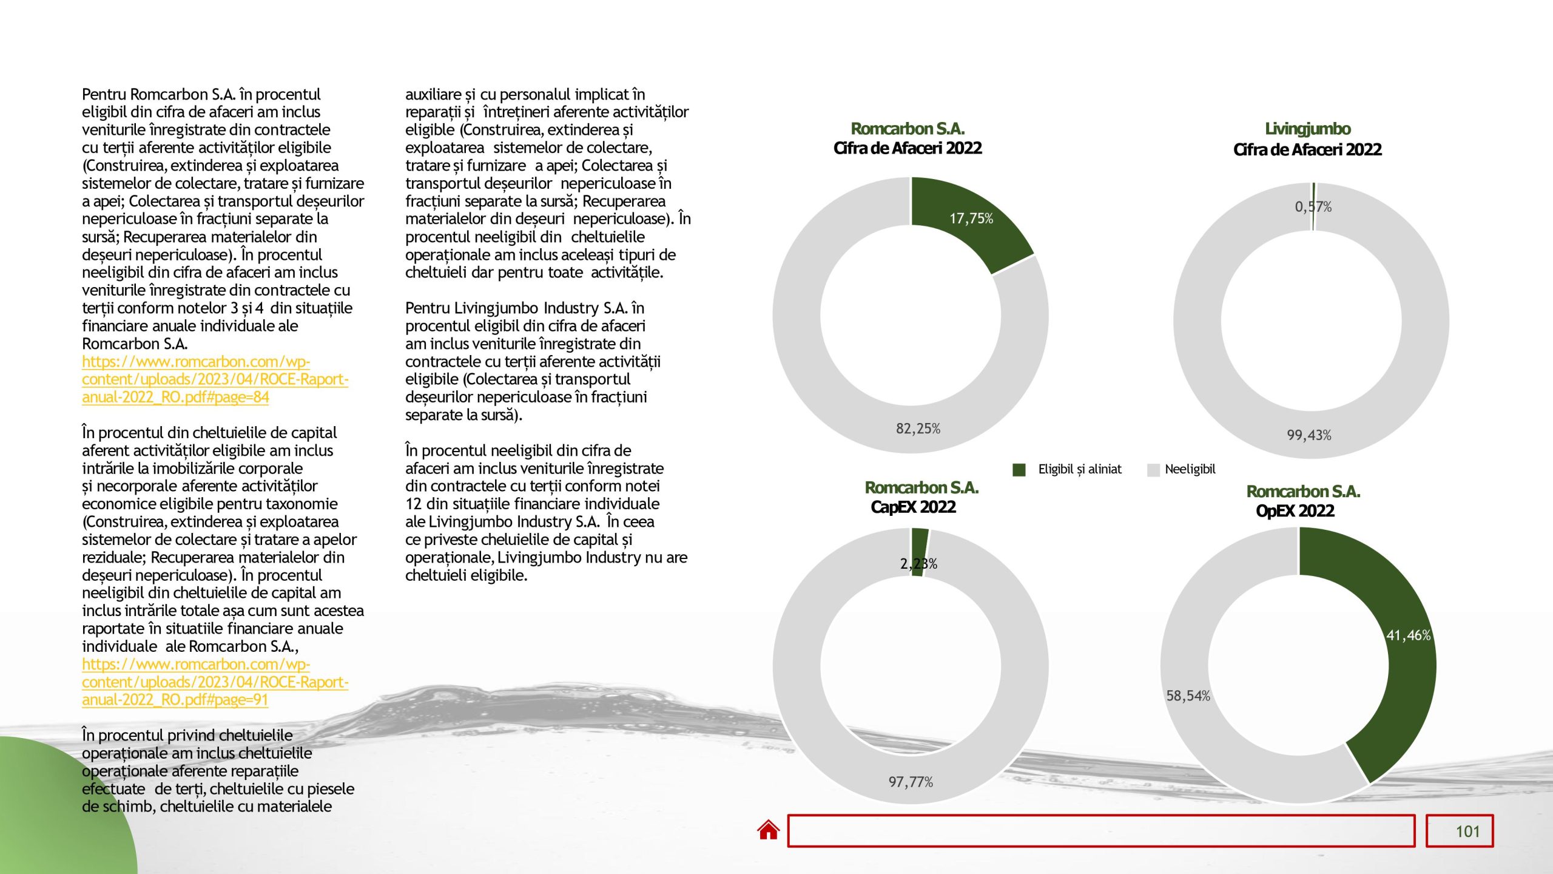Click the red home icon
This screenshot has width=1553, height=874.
(768, 830)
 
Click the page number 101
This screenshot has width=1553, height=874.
(1467, 832)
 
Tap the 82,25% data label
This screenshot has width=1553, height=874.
(918, 429)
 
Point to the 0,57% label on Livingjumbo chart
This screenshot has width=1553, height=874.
(1313, 207)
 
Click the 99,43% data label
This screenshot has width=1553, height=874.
(1309, 435)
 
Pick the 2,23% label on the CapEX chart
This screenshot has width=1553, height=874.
(918, 564)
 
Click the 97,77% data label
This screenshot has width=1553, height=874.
(911, 782)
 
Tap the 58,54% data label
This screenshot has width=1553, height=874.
(1188, 696)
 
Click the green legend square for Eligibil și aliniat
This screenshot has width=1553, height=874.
(1019, 470)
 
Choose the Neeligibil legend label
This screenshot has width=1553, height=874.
(1190, 469)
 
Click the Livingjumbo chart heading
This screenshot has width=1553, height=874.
(1307, 129)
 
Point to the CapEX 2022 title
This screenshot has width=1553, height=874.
(913, 507)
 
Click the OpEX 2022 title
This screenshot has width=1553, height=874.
(1295, 510)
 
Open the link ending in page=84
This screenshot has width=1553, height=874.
(215, 379)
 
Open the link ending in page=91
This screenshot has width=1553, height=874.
(215, 682)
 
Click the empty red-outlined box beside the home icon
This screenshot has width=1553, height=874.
(1101, 831)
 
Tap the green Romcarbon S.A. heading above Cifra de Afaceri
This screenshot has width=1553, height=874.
(908, 129)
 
